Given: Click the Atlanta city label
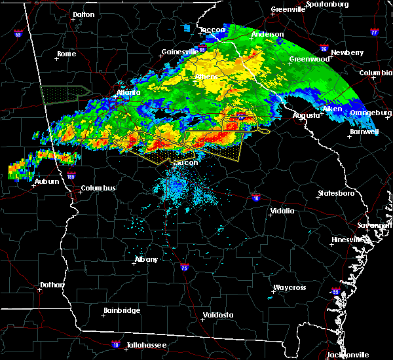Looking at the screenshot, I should [x=128, y=93].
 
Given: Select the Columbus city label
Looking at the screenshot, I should [x=98, y=189].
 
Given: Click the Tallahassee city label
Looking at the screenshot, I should [x=146, y=345].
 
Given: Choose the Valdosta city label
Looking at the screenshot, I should [x=219, y=315].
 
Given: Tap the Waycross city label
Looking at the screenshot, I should [x=290, y=287].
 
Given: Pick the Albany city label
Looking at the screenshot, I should [x=146, y=259].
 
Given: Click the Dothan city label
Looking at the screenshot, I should [x=52, y=285].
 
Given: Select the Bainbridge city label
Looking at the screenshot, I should [x=122, y=310].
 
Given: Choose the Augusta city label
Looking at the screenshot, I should [x=306, y=115].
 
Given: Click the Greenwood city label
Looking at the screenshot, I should [x=309, y=59].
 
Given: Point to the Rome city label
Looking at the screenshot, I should [x=67, y=54].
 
